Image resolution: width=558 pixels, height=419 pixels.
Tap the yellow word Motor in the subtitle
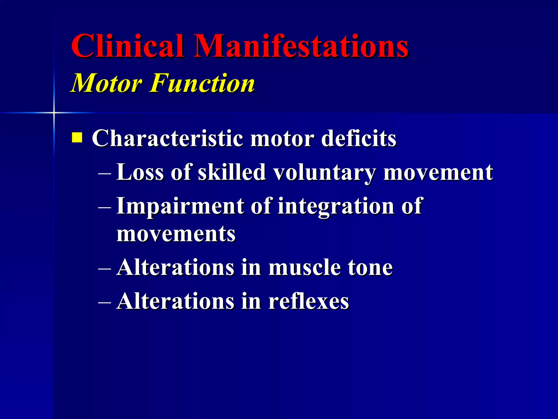tap(106, 83)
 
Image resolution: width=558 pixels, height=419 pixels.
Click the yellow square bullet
tap(77, 138)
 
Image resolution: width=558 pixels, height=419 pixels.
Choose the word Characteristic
tap(167, 138)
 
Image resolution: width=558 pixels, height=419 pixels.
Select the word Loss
tap(140, 172)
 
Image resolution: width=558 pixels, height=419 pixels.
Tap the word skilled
tap(232, 172)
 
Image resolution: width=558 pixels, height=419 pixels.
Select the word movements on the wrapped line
tap(176, 234)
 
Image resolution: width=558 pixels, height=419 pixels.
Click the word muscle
tap(304, 268)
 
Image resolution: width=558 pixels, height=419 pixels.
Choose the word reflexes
tap(308, 301)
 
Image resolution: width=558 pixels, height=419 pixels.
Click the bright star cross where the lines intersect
tap(54, 112)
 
